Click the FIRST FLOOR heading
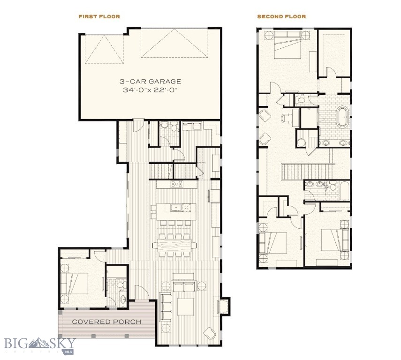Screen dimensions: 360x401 pyautogui.click(x=99, y=16)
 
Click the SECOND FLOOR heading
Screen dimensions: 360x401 pyautogui.click(x=281, y=16)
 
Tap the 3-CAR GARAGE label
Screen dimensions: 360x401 pyautogui.click(x=150, y=81)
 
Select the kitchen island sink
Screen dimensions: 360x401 pyautogui.click(x=177, y=207)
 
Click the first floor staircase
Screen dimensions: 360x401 pyautogui.click(x=161, y=169)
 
